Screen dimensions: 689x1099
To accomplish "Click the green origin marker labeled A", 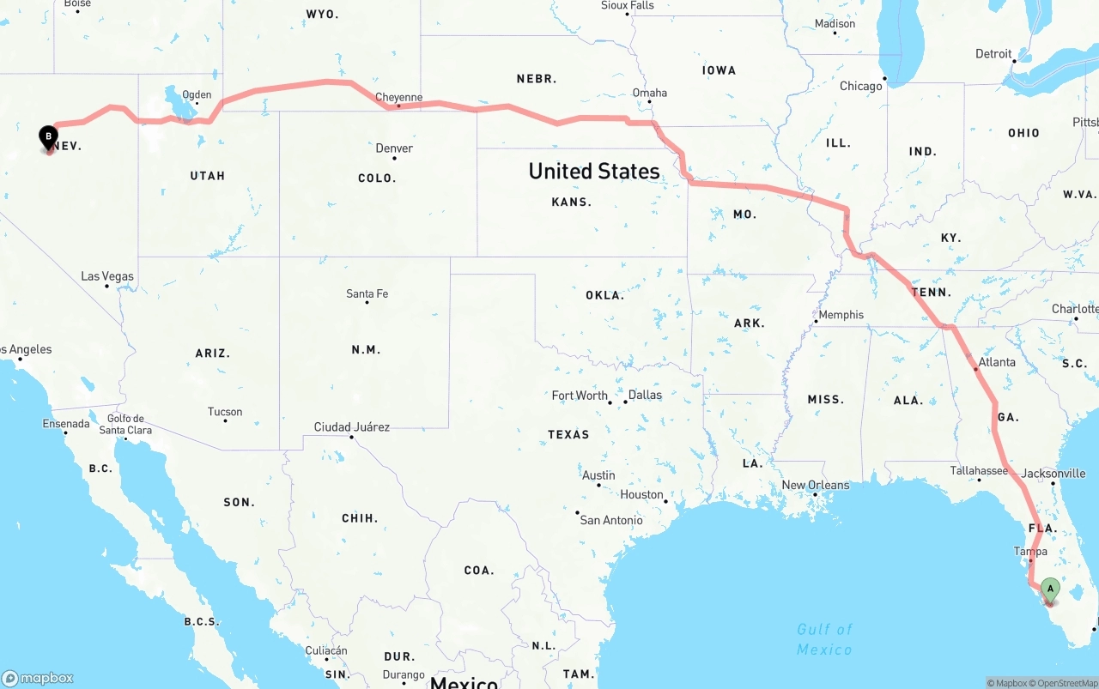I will tap(1049, 590).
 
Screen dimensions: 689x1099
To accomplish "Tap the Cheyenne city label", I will tap(399, 97).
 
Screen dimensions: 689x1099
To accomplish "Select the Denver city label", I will tap(394, 148).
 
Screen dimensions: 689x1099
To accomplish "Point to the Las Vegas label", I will tap(107, 276).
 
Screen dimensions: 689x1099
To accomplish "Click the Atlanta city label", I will tap(997, 362).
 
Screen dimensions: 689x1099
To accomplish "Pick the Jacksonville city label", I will tap(1053, 473).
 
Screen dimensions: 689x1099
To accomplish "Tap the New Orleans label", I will tap(815, 485).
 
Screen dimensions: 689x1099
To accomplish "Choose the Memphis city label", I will tap(841, 315).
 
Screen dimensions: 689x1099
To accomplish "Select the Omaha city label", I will tap(649, 93).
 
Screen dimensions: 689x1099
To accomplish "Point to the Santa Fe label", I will tap(367, 293).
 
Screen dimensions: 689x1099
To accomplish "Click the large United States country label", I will tap(594, 171).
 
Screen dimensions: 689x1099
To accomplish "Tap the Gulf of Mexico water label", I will tap(824, 639).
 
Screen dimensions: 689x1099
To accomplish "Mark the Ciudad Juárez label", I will tap(351, 426).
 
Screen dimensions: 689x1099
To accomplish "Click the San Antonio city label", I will tap(611, 520).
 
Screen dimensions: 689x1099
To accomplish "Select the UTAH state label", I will tap(207, 176).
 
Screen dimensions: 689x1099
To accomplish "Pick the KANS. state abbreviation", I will tap(572, 202).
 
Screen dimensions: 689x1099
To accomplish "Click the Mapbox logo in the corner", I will tap(38, 678).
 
